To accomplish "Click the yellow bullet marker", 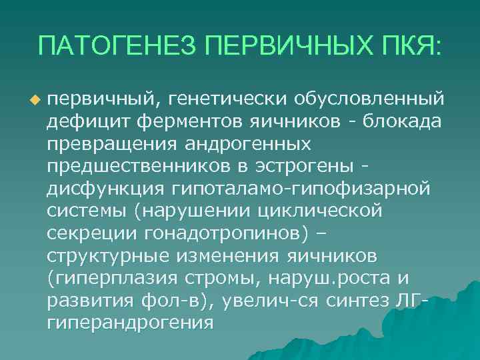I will pyautogui.click(x=35, y=99).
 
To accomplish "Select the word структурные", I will pyautogui.click(x=109, y=257).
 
